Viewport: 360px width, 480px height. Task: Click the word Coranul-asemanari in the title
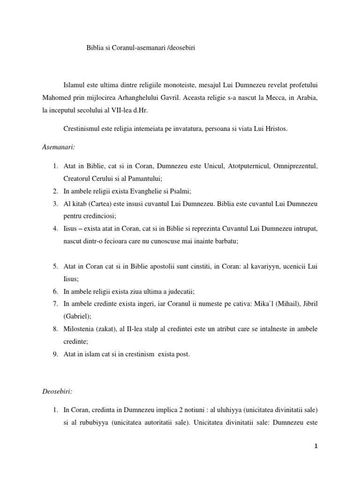click(x=139, y=48)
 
